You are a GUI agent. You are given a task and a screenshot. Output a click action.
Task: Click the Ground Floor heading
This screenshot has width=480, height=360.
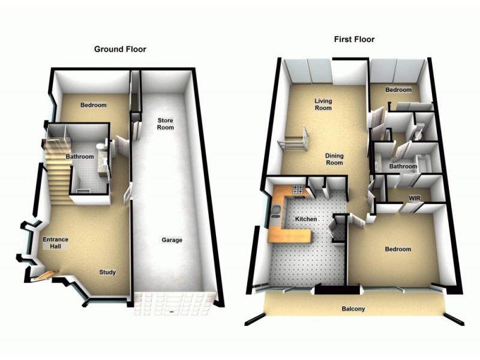(x=120, y=49)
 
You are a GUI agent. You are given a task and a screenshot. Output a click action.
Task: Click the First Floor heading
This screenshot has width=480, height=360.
(x=354, y=40)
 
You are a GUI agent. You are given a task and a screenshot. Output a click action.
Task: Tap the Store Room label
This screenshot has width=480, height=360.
(x=165, y=124)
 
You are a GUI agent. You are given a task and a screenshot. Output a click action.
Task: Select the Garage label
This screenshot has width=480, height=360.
(x=172, y=240)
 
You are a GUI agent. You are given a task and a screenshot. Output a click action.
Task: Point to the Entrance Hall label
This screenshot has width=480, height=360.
(x=55, y=242)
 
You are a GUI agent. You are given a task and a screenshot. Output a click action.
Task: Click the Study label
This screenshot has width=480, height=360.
(x=107, y=272)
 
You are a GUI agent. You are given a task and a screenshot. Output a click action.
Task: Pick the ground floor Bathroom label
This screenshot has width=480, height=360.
(x=80, y=157)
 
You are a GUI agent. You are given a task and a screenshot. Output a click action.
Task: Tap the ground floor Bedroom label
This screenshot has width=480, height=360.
(x=93, y=105)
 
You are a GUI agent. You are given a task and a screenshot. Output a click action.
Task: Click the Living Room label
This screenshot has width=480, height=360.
(x=323, y=104)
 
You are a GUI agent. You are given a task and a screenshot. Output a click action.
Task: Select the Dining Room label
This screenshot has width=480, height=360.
(x=334, y=159)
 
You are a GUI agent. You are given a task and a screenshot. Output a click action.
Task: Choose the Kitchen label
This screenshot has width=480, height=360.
(x=305, y=220)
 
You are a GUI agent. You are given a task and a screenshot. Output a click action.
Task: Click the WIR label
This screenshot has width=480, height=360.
(x=414, y=197)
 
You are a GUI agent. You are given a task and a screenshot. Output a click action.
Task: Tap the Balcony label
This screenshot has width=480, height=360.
(x=353, y=310)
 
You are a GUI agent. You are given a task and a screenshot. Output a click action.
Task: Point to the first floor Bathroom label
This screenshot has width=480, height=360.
(x=403, y=166)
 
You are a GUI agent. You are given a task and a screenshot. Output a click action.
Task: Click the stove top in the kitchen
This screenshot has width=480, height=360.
(x=296, y=191)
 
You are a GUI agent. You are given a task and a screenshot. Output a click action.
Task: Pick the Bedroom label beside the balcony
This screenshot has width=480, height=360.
(x=398, y=249)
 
